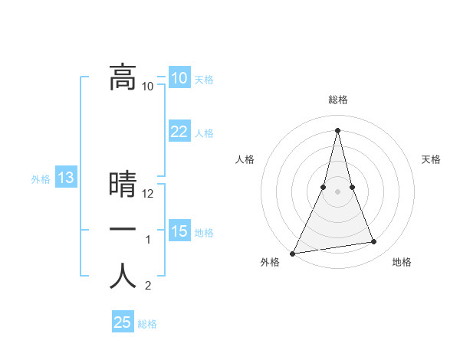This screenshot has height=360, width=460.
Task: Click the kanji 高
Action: pos(122,77)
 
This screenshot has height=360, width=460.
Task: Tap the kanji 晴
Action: pos(122,185)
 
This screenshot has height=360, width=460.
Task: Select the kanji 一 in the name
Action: pos(122,231)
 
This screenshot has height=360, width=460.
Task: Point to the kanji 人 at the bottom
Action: pos(122,277)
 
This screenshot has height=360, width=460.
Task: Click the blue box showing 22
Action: pos(179,132)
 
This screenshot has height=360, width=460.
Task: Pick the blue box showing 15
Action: pos(179,231)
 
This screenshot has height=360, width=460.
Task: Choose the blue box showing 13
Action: pos(65,178)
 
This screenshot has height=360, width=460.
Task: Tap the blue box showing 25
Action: pos(122,322)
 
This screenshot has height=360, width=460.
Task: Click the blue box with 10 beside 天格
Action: pos(179,78)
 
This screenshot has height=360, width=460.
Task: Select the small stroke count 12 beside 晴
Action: pos(149,194)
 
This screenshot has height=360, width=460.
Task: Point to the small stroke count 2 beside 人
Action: pos(148,286)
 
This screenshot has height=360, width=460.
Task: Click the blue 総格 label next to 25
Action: pos(147,324)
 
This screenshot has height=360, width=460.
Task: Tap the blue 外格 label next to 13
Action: pos(41,179)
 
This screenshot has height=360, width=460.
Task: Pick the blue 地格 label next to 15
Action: pos(204,232)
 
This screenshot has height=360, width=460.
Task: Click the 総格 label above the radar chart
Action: pos(337,100)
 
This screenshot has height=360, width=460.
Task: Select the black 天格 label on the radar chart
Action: pos(432,159)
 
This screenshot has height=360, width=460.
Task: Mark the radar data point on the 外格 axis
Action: pos(292,253)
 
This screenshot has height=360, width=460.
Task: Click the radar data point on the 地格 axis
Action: pos(374,242)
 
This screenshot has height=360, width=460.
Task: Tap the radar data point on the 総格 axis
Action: pos(337,129)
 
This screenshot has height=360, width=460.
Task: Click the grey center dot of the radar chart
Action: pos(337,192)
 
